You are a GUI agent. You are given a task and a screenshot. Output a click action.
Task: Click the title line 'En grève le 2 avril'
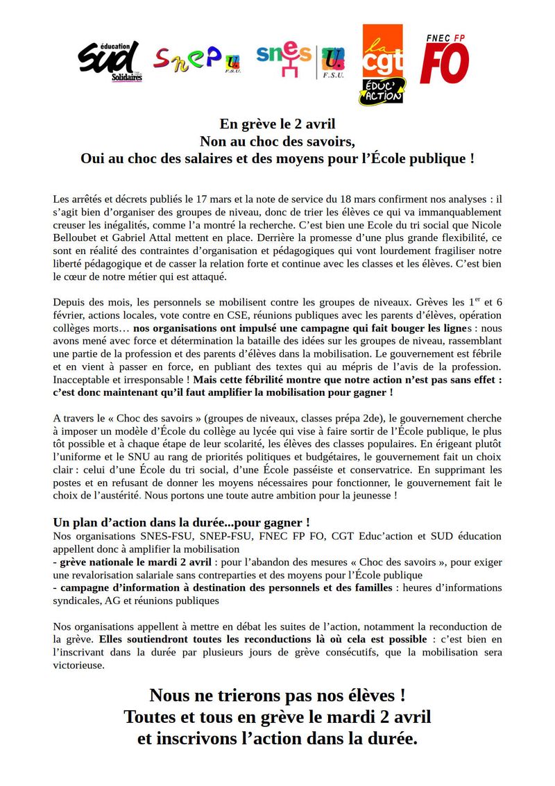tap(277, 124)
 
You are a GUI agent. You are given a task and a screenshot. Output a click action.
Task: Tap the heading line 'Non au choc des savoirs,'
tap(277, 141)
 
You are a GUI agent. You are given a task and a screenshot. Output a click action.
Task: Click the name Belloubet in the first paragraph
tap(76, 238)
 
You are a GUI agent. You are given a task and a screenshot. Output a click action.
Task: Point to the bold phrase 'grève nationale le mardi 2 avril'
tap(135, 562)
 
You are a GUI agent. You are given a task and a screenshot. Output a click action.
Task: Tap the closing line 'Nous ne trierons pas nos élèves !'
tap(277, 695)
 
